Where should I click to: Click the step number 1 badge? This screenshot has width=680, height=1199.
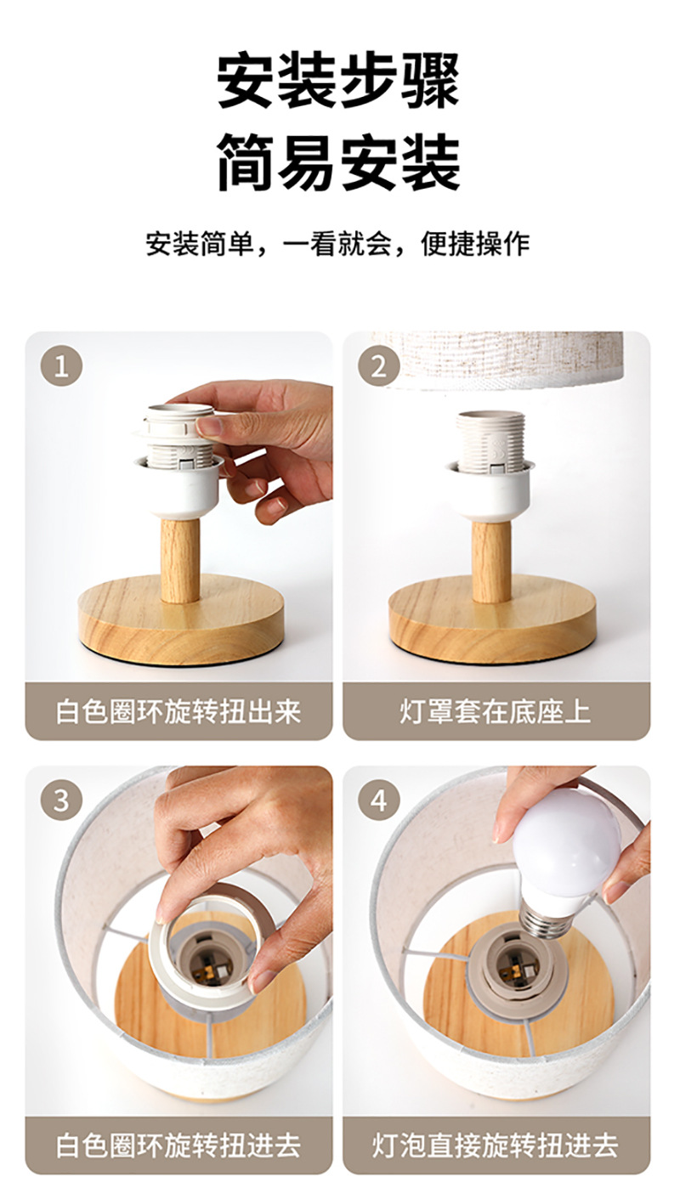61,367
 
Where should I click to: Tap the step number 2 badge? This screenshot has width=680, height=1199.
378,367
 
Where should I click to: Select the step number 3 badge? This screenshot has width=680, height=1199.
61,800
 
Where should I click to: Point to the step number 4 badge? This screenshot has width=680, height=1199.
378,800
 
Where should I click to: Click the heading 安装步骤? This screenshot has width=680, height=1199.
339,80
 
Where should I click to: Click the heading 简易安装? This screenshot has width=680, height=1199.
339,162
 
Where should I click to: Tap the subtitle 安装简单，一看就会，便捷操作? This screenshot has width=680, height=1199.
338,244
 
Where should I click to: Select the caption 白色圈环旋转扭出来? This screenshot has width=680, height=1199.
178,711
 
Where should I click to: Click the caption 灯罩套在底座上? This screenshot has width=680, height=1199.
496,711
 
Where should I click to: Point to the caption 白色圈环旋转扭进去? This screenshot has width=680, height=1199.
178,1145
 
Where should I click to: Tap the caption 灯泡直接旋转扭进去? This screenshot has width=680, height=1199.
496,1145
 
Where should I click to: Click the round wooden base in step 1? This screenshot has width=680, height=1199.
181,621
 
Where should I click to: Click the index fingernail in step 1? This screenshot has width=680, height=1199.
209,427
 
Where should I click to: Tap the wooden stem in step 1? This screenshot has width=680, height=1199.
180,559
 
